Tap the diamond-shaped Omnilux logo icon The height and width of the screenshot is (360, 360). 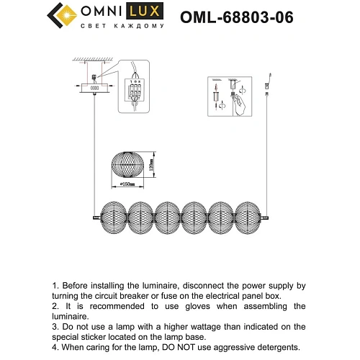click(60, 14)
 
